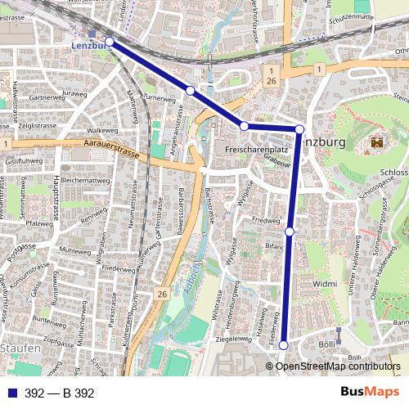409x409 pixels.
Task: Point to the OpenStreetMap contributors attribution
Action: coord(338,366)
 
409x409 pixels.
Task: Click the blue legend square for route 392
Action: coord(10,393)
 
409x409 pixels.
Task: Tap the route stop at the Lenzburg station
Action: coord(109,41)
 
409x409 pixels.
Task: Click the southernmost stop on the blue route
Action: coord(284,345)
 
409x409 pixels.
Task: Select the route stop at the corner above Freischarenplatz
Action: coord(244,125)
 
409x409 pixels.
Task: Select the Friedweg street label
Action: coord(266,221)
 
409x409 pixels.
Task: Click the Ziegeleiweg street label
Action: coord(233,338)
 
